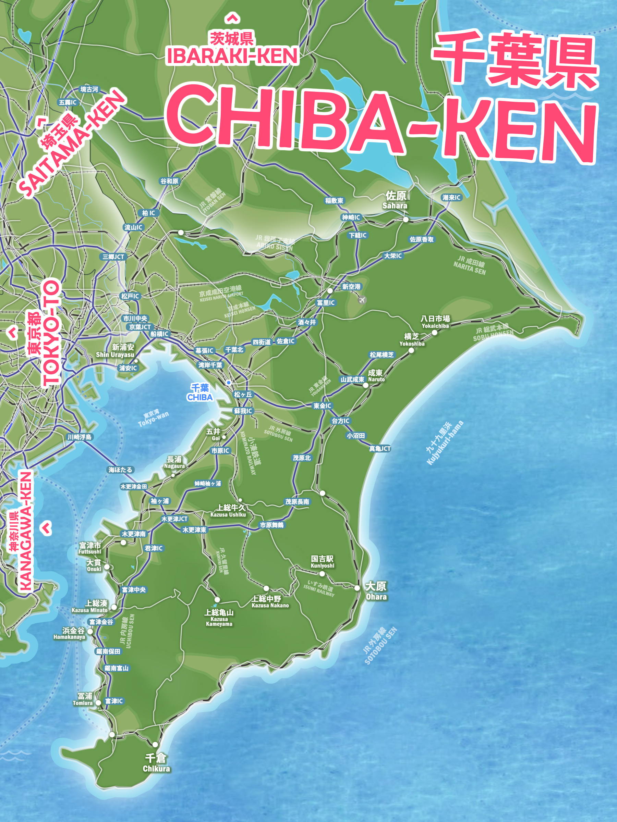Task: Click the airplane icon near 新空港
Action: pyautogui.click(x=362, y=300)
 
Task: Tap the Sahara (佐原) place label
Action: pyautogui.click(x=395, y=200)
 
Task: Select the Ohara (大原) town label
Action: pyautogui.click(x=376, y=590)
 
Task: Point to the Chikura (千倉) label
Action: pyautogui.click(x=156, y=762)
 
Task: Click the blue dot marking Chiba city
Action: pyautogui.click(x=229, y=382)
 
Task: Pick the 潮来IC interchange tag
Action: pyautogui.click(x=451, y=198)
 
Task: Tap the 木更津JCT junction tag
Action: pyautogui.click(x=174, y=519)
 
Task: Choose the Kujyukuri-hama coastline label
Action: pyautogui.click(x=445, y=442)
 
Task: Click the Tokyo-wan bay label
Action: pyautogui.click(x=153, y=419)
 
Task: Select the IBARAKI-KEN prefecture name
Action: pyautogui.click(x=232, y=56)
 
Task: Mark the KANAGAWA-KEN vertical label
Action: pyautogui.click(x=25, y=532)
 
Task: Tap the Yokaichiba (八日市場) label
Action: pyautogui.click(x=435, y=322)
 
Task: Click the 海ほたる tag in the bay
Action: pyautogui.click(x=120, y=470)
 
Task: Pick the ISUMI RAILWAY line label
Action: pyautogui.click(x=319, y=587)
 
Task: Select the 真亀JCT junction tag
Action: pyautogui.click(x=380, y=449)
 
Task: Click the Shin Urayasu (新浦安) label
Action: pyautogui.click(x=115, y=350)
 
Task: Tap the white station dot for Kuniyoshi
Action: pyautogui.click(x=322, y=573)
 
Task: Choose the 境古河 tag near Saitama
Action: pyautogui.click(x=89, y=89)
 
